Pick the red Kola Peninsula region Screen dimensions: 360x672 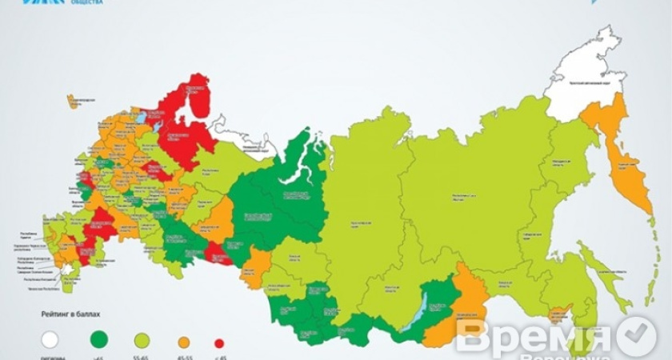193,100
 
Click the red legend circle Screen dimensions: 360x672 218,342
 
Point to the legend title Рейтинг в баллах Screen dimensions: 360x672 71,317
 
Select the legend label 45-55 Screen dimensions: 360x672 182,357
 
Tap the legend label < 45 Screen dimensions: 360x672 218,357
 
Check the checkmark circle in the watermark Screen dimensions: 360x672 637,336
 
